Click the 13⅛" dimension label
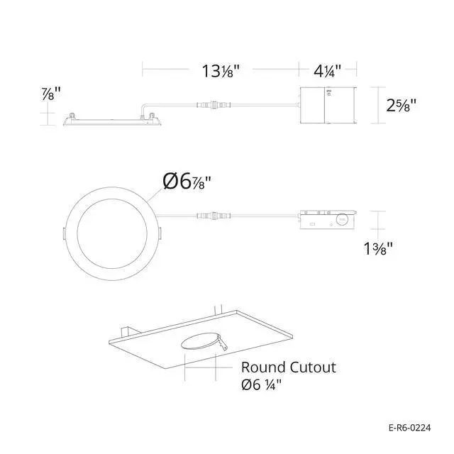point(221,71)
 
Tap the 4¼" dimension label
point(328,71)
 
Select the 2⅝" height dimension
point(401,105)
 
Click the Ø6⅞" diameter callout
point(187,182)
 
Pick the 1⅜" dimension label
point(378,248)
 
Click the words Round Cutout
point(289,367)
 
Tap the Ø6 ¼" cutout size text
point(261,384)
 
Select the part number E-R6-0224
point(410,428)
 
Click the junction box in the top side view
point(328,106)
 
